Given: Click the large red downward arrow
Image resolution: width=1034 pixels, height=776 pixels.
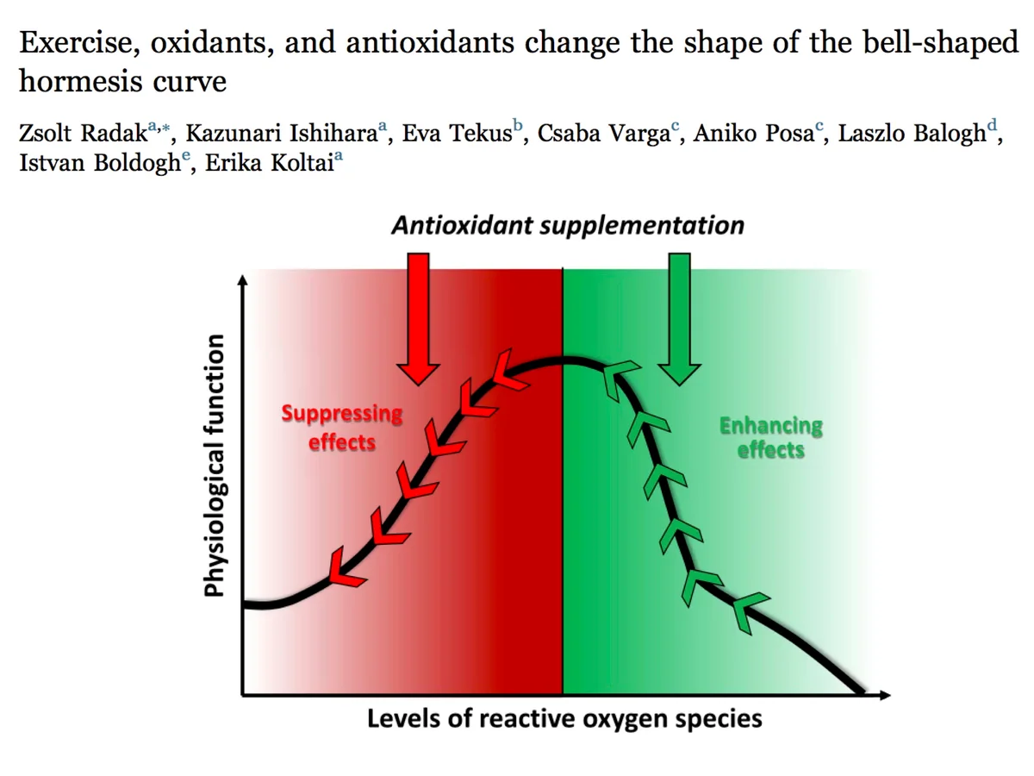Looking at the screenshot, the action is [x=418, y=318].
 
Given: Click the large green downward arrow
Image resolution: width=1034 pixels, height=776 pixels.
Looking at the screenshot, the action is [x=679, y=318].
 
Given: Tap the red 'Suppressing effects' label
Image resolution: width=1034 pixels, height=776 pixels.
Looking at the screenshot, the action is [x=342, y=428].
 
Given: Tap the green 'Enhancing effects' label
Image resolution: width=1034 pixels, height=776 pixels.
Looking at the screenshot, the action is [x=771, y=438].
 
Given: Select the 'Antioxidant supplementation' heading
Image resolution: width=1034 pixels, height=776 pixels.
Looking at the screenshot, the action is [x=568, y=225].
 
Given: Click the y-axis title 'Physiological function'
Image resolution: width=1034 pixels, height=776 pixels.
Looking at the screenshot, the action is [x=215, y=466].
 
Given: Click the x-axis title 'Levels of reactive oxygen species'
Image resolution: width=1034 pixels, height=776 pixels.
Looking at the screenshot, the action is [x=564, y=719].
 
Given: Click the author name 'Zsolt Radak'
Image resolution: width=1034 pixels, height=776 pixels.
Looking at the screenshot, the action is [x=84, y=133].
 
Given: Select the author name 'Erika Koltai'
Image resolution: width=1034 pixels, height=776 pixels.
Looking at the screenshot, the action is [x=270, y=163].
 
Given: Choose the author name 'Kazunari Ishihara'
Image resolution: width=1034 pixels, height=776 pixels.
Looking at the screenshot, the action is [x=281, y=133].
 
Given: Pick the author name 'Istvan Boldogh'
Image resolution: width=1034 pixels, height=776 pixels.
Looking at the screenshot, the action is [x=100, y=163].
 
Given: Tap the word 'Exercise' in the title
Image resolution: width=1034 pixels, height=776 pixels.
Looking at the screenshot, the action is [x=77, y=42].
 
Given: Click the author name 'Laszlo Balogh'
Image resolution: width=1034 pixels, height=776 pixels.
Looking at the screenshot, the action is [x=912, y=133].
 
